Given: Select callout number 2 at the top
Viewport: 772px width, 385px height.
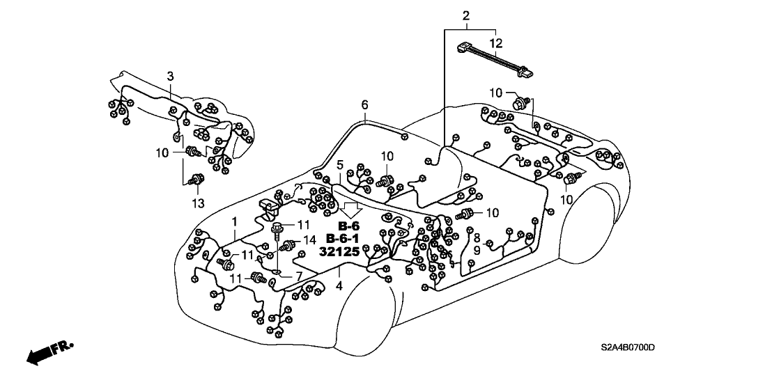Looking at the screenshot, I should tap(465, 15).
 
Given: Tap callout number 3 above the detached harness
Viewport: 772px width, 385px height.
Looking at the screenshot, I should tap(169, 75).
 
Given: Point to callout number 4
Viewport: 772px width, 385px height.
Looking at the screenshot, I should tap(339, 286).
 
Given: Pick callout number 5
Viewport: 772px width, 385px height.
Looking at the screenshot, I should tap(340, 165).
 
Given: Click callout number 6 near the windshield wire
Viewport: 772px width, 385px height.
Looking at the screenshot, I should tap(364, 104).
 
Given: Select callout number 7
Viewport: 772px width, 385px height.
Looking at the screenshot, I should tap(298, 277).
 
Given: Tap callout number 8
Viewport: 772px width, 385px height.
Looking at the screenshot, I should tap(477, 237).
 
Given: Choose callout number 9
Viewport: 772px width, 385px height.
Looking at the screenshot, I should tap(477, 249).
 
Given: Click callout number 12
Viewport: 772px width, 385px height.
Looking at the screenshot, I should tap(495, 43).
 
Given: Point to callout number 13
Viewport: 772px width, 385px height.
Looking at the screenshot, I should tap(196, 203).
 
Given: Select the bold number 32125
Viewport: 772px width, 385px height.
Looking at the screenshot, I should tap(339, 252).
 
